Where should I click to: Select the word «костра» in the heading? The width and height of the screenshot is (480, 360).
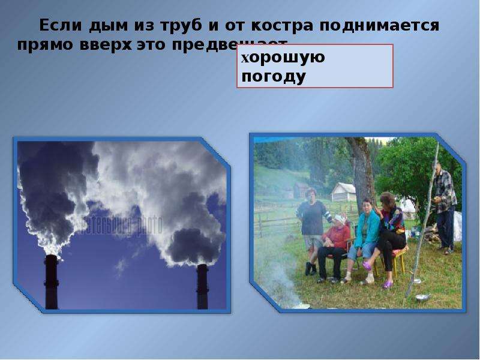pos(280,26)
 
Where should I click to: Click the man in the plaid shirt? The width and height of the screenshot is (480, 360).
pos(445,204)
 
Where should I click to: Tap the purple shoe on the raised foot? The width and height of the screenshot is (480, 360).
pos(366,266)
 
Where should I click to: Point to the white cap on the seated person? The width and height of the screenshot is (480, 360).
pos(340,218)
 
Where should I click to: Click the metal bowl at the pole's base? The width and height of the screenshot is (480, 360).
pos(423,298)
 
